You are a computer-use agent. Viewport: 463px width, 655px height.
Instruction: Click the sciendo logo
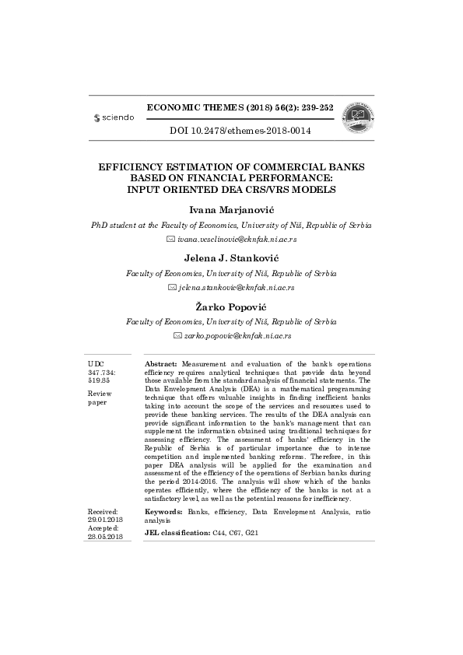pos(114,117)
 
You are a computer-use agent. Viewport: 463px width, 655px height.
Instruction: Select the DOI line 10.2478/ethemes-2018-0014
pos(240,131)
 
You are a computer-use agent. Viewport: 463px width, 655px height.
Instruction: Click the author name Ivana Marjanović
pos(231,188)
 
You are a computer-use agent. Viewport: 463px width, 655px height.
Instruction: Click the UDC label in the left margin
pos(96,364)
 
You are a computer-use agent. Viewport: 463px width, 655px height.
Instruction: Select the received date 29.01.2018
pos(105,519)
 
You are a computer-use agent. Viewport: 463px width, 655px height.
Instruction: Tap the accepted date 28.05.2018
pos(105,536)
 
